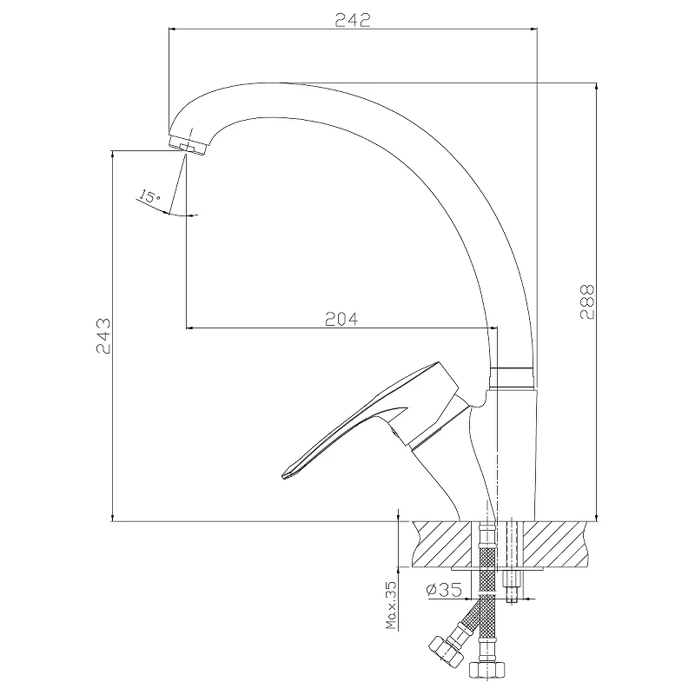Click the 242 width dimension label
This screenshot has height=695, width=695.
tap(353, 20)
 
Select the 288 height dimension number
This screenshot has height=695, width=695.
tap(587, 301)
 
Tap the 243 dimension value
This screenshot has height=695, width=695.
tap(103, 335)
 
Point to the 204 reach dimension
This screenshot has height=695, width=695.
tap(341, 319)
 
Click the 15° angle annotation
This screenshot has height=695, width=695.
tap(149, 195)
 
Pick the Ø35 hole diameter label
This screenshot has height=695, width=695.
tap(444, 589)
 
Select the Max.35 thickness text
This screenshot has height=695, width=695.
tap(391, 605)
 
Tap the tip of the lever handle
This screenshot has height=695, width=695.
tap(284, 476)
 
